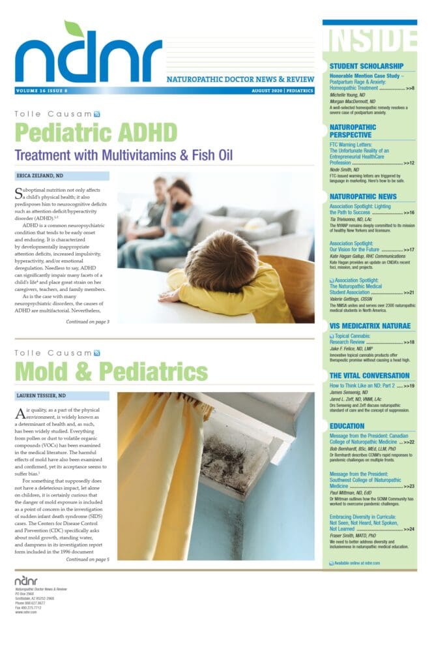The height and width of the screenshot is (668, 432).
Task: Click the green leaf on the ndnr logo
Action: tap(74, 29)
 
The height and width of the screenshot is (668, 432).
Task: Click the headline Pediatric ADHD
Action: tap(96, 132)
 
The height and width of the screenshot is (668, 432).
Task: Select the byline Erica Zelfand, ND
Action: tap(40, 175)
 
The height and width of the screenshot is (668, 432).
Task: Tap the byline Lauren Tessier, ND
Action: tap(40, 396)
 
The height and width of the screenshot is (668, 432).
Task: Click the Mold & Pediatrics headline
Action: tap(111, 371)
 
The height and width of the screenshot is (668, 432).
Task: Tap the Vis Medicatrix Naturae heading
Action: tap(370, 325)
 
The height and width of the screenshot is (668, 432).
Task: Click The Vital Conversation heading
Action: tap(369, 376)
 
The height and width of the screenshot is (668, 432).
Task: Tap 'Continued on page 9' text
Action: tap(87, 322)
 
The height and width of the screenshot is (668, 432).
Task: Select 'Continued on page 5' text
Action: tap(87, 559)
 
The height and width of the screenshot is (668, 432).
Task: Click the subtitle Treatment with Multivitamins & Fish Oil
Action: tap(124, 155)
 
